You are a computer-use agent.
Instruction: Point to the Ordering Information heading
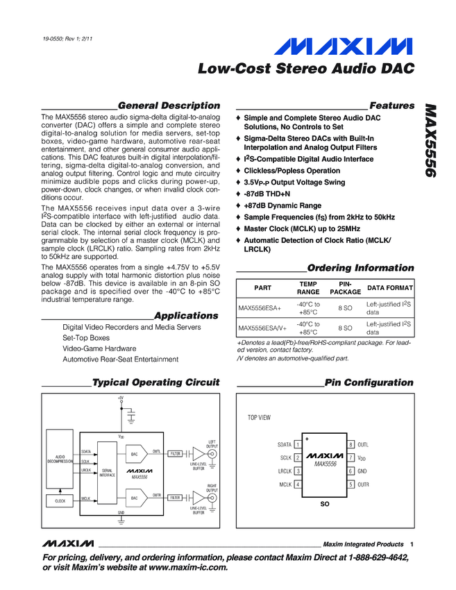pyautogui.click(x=360, y=268)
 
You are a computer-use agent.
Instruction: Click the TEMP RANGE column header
pyautogui.click(x=307, y=288)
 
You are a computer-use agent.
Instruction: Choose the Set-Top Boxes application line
pyautogui.click(x=86, y=337)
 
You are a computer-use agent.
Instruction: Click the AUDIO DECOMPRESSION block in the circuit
pyautogui.click(x=60, y=459)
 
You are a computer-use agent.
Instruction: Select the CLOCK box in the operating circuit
pyautogui.click(x=60, y=500)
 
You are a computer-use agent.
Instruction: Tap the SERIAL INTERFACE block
pyautogui.click(x=108, y=473)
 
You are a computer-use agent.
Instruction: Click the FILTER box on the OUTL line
pyautogui.click(x=175, y=453)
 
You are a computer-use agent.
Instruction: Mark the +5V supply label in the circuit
pyautogui.click(x=120, y=398)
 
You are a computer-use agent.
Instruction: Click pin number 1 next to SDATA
pyautogui.click(x=297, y=444)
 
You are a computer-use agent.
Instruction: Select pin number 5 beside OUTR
pyautogui.click(x=351, y=484)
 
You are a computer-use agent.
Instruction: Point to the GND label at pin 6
pyautogui.click(x=362, y=471)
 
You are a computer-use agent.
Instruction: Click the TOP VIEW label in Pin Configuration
pyautogui.click(x=260, y=418)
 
